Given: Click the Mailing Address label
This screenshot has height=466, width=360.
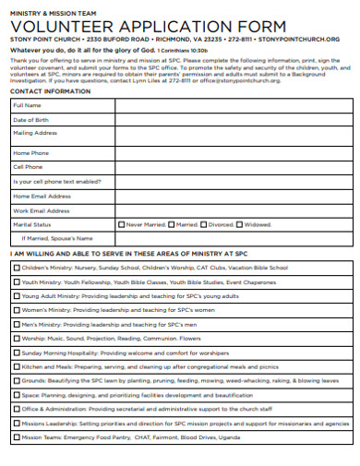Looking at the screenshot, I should click(x=36, y=134).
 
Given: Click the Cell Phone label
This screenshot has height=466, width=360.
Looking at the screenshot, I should click(x=28, y=167).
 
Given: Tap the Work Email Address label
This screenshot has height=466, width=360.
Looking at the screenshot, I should click(x=42, y=210).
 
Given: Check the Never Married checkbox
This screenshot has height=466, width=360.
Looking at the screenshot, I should click(x=122, y=224).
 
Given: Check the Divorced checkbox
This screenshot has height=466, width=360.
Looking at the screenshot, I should click(x=204, y=224).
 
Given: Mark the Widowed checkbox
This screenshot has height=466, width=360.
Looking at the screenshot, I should click(x=240, y=224).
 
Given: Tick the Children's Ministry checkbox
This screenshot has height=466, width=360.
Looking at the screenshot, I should click(x=16, y=268).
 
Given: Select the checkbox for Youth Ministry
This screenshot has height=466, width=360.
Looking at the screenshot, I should click(x=16, y=281).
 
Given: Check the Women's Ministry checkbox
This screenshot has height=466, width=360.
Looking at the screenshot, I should click(x=16, y=310).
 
